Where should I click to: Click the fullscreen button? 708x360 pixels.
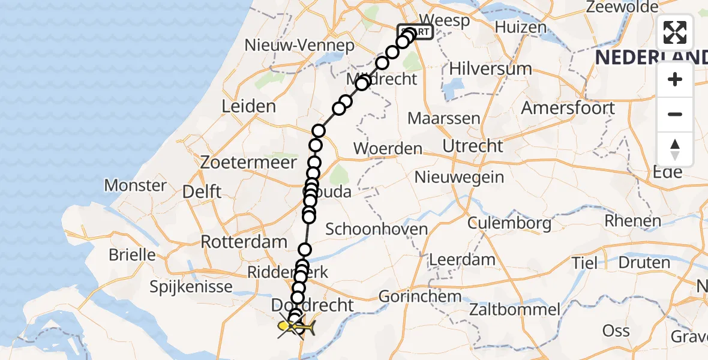click(675, 32)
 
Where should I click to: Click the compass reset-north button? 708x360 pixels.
click(675, 149)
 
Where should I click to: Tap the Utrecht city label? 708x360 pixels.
click(472, 146)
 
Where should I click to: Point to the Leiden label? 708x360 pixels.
click(248, 107)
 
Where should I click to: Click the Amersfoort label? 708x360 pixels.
click(568, 109)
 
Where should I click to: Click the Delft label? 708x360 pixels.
click(202, 192)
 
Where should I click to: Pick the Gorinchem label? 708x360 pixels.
click(420, 296)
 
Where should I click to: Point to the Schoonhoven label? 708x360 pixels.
click(376, 229)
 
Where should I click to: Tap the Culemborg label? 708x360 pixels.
click(510, 224)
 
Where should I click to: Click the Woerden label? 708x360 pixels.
click(388, 149)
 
